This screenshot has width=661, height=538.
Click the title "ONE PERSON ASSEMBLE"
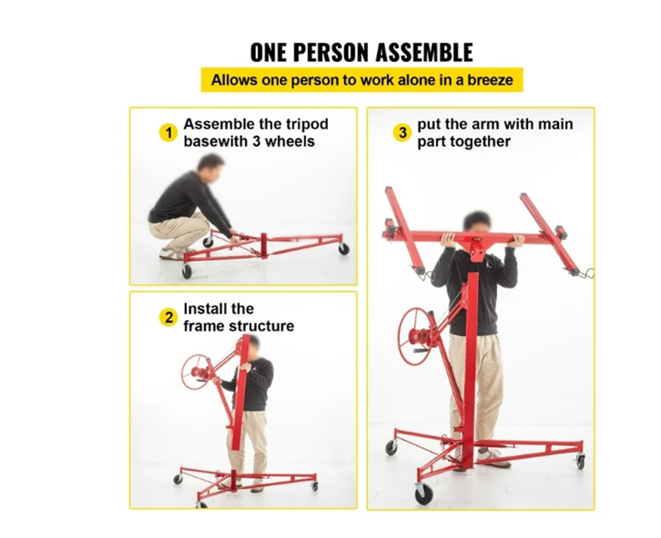coord(361,52)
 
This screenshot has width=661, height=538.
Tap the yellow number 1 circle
coord(168,132)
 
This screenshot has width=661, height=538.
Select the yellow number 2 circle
coord(168,317)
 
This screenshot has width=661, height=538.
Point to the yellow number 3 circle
coord(402,132)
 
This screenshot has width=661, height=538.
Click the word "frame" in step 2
coord(203,325)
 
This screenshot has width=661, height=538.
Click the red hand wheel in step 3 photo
coord(416,336)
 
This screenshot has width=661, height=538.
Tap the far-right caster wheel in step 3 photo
coord(580,461)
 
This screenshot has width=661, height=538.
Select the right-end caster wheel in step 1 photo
coord(343,249)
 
